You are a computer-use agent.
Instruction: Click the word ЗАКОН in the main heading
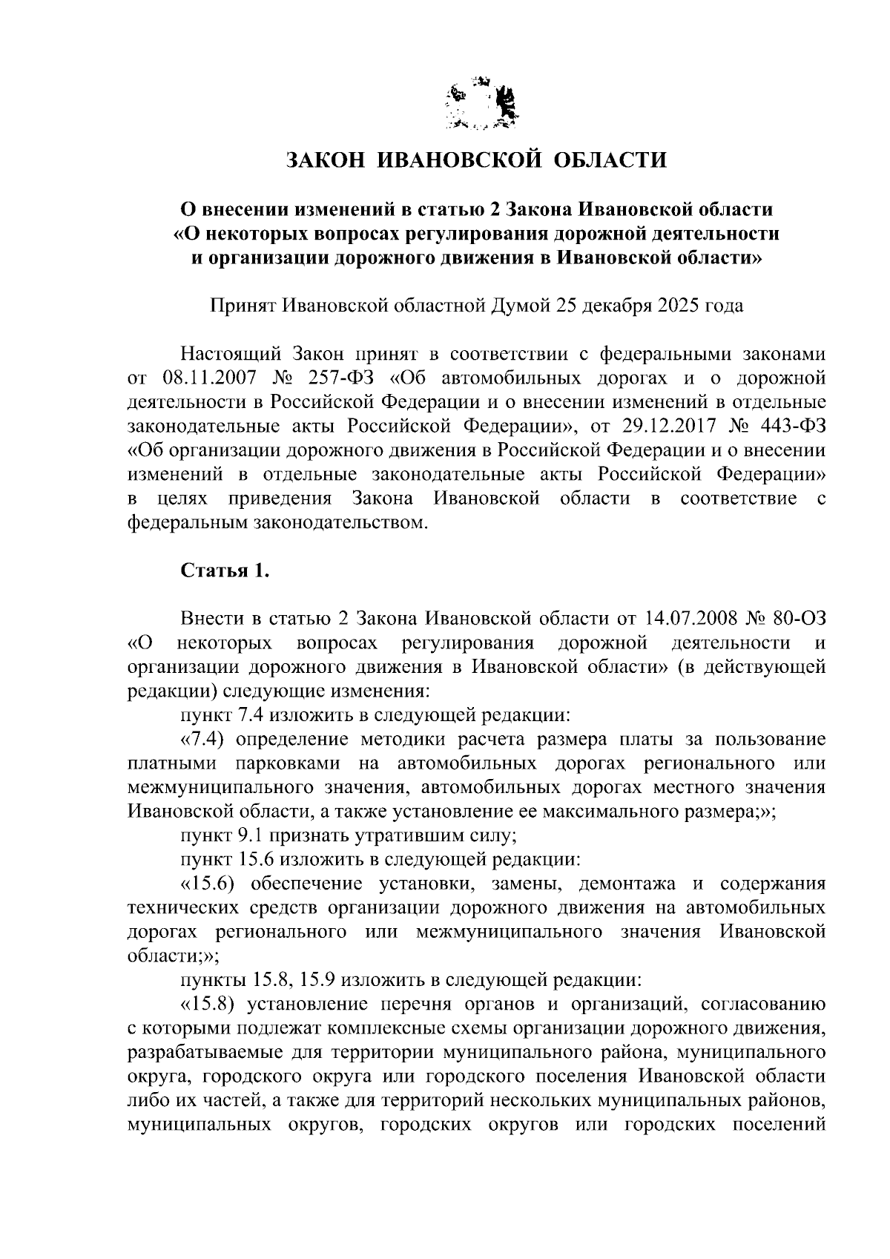(324, 160)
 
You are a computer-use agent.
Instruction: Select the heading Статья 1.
(220, 570)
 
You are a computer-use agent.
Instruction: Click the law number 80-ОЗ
(798, 618)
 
